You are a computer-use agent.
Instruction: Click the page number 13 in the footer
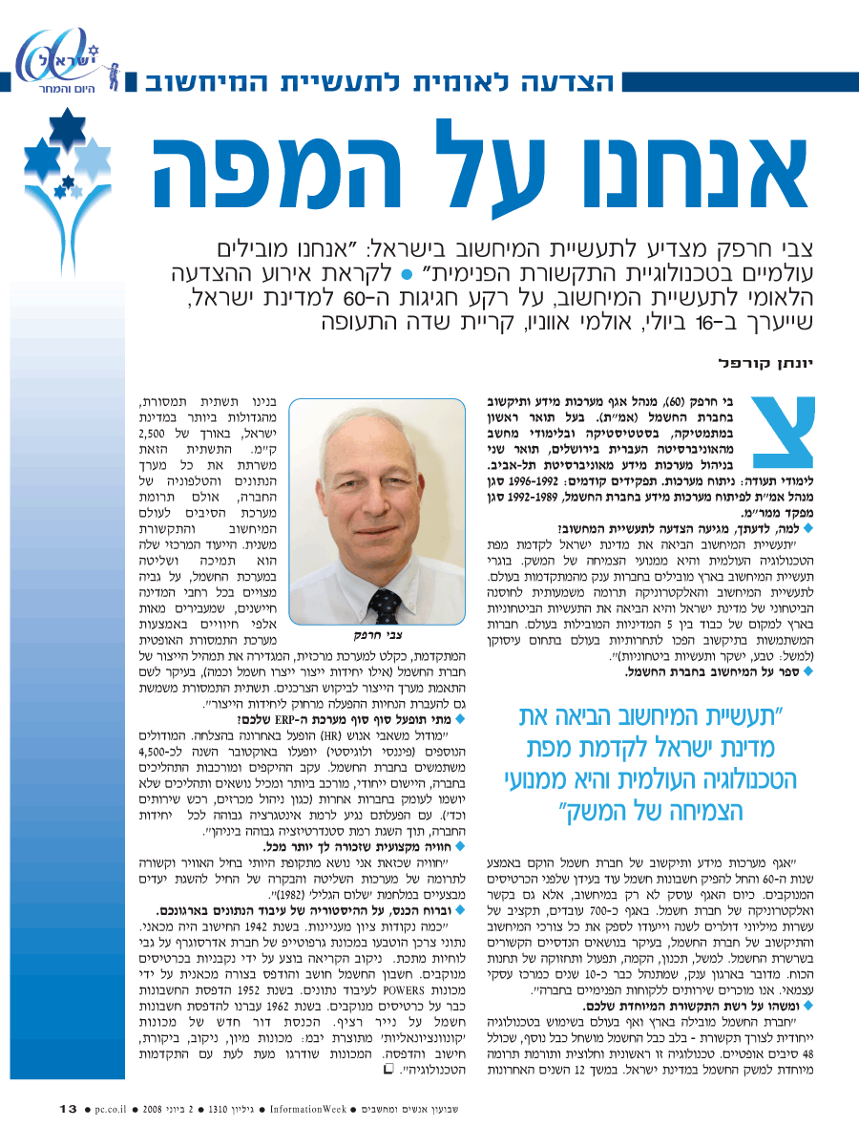click(68, 1108)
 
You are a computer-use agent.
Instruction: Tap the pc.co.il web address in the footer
click(117, 1109)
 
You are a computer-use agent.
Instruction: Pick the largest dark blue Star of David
click(67, 130)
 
